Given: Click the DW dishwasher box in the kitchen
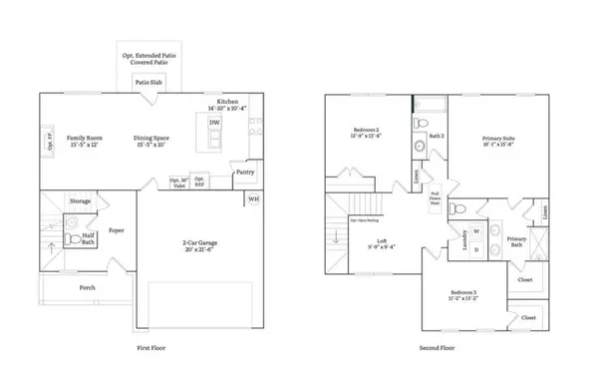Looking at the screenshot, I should (x=214, y=124).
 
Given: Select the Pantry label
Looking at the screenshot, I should (x=245, y=173).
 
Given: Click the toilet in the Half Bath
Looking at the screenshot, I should (x=70, y=239).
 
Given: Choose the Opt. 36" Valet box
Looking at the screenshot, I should (x=179, y=183).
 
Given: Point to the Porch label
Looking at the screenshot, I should (x=89, y=288).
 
